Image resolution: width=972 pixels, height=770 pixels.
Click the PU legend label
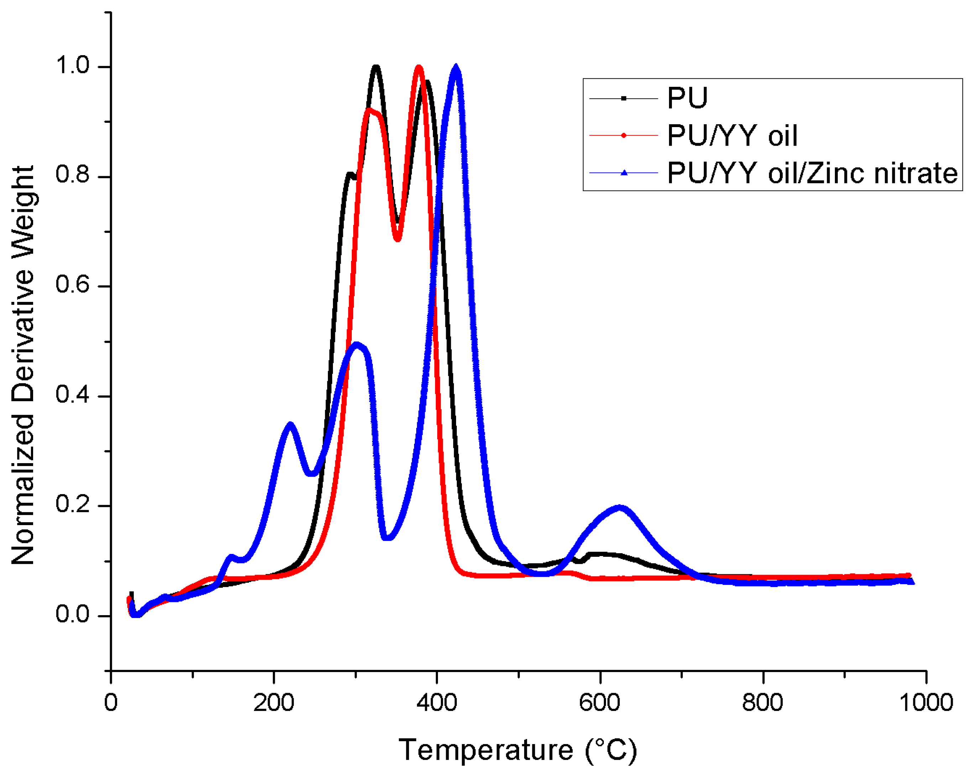(687, 98)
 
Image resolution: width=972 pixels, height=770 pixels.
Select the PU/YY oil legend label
(732, 135)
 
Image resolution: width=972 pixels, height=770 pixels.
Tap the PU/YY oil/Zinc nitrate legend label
(812, 173)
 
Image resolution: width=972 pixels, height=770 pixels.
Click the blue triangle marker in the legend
(624, 173)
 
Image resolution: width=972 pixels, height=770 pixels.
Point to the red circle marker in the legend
(624, 135)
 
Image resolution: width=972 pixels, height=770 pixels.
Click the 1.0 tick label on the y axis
(72, 66)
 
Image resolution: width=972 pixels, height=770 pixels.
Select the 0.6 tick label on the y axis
(72, 286)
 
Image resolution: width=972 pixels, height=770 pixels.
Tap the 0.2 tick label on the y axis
(72, 504)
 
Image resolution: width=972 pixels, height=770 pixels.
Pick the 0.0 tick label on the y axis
(72, 614)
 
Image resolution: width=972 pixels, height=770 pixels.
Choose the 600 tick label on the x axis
(600, 703)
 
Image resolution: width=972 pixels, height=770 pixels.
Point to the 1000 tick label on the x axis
(926, 703)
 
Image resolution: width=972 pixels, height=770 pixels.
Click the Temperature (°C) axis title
(518, 750)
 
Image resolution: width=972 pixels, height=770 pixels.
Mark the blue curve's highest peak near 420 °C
(456, 68)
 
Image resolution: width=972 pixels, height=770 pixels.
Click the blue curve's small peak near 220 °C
(290, 425)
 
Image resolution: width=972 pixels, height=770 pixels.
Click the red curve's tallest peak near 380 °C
(419, 68)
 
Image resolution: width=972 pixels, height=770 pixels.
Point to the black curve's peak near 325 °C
(376, 68)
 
